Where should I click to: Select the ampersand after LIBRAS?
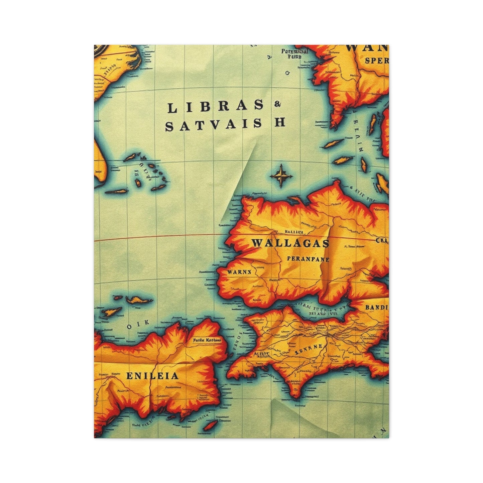277,105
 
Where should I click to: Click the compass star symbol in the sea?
281,175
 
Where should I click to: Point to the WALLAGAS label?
290,243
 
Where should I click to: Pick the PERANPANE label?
308,259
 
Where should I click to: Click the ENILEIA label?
152,376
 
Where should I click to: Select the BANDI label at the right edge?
376,307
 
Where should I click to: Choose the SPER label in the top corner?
376,61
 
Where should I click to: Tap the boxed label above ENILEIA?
207,340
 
